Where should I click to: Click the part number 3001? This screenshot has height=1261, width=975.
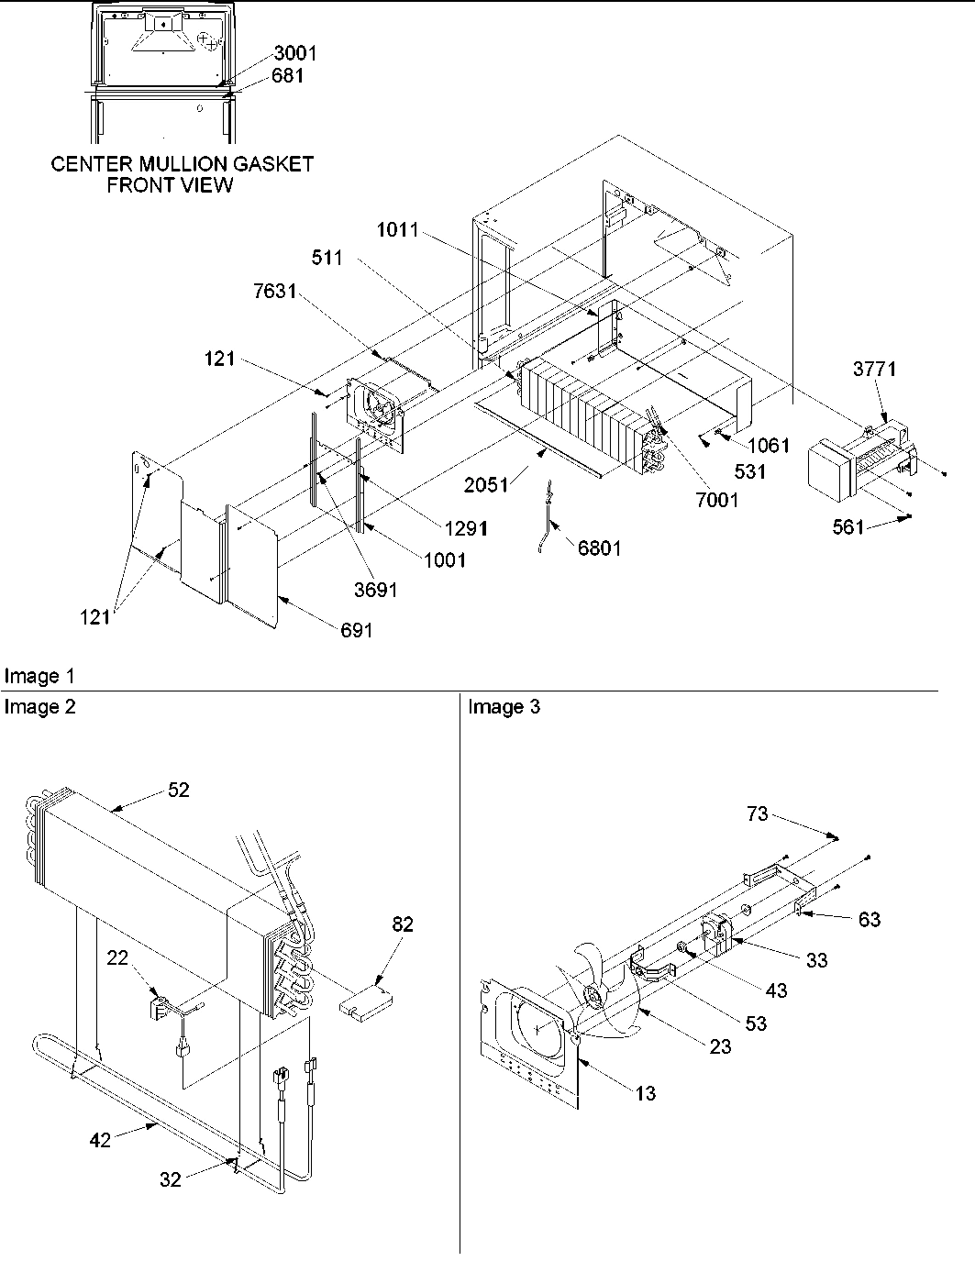294,53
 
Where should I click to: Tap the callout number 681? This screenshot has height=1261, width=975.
287,76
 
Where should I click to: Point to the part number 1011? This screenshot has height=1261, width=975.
398,230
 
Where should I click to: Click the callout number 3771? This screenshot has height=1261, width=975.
874,370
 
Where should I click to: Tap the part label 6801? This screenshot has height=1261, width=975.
599,548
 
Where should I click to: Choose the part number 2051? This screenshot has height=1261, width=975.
486,485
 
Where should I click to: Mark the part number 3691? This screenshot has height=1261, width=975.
375,590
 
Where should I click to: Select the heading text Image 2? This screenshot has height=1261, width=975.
39,706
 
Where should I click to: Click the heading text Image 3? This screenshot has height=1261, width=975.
504,706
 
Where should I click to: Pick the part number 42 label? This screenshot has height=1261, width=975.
100,1139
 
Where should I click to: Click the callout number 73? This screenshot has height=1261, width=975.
757,813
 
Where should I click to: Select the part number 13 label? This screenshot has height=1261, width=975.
646,1093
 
